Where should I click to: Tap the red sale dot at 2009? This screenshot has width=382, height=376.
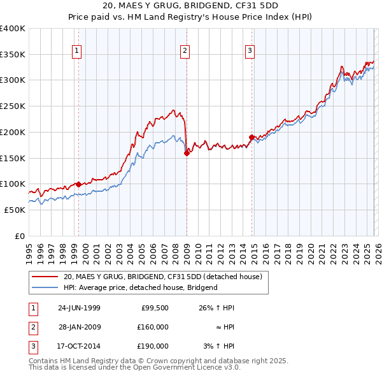(x=187, y=153)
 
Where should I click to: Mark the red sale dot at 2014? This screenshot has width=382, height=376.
(x=251, y=137)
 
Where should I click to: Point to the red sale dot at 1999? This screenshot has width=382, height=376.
(x=78, y=184)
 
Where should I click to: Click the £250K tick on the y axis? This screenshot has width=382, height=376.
(x=13, y=106)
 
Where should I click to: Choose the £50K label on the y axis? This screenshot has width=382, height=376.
(x=15, y=210)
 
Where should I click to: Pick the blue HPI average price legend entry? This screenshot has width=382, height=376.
(x=140, y=287)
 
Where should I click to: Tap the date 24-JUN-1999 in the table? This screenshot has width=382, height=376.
(x=79, y=308)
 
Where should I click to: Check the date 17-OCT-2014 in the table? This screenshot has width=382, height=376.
(x=79, y=346)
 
